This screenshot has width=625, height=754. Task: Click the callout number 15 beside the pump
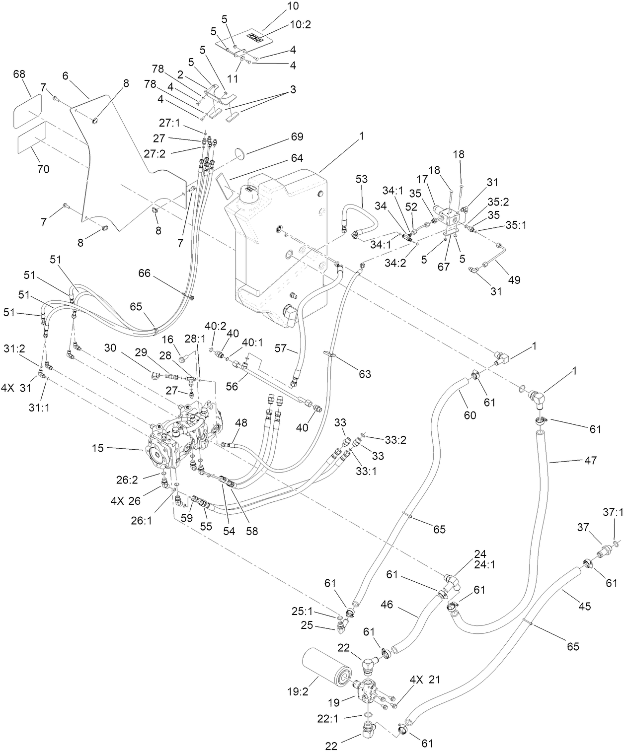[x=98, y=448]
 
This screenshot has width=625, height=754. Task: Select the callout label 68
[x=19, y=74]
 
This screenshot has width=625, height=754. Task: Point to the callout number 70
[x=43, y=169]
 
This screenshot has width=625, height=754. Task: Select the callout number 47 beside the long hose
[x=591, y=460]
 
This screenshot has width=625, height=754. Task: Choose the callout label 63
[x=365, y=374]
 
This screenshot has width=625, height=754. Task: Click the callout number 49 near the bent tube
[x=514, y=280]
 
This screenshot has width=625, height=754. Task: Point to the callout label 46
[x=387, y=605]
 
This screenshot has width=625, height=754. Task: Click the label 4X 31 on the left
[x=17, y=389]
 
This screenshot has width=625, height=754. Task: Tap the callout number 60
[x=469, y=414]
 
